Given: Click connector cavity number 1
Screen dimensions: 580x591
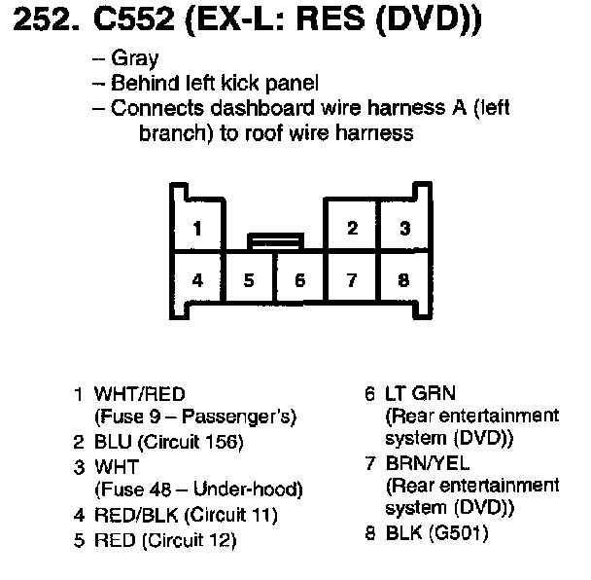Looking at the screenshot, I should click(x=197, y=230).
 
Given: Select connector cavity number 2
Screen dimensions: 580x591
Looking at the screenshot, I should click(x=352, y=230).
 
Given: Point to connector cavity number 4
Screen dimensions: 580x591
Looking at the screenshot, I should click(x=197, y=280).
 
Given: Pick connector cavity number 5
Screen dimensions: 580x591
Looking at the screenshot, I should click(x=249, y=280).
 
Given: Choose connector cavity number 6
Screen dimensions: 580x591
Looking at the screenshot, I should click(x=300, y=280).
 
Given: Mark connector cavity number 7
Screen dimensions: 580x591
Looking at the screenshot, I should click(x=352, y=280).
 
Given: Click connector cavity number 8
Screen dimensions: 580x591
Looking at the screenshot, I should click(x=403, y=280).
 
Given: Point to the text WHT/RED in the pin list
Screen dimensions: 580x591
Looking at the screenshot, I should click(x=139, y=395).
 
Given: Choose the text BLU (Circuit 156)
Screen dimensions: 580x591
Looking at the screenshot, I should click(x=168, y=442).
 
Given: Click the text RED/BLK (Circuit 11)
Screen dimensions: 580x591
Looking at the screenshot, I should click(x=185, y=514).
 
